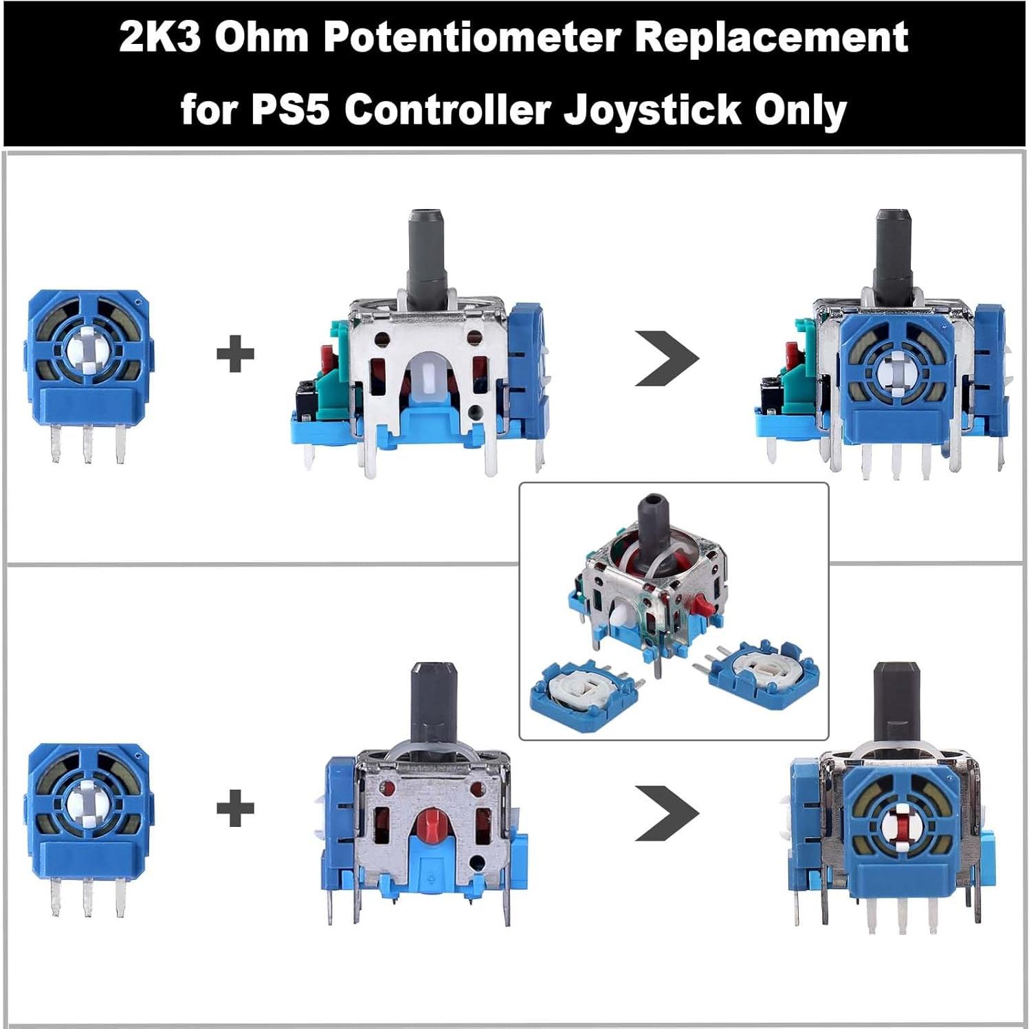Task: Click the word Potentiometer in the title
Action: (472, 38)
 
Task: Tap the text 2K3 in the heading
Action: (159, 38)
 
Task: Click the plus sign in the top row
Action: (235, 355)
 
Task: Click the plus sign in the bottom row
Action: (235, 808)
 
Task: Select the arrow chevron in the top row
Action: (665, 357)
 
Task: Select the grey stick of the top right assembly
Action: (894, 254)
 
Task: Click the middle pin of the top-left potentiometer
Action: (87, 444)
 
